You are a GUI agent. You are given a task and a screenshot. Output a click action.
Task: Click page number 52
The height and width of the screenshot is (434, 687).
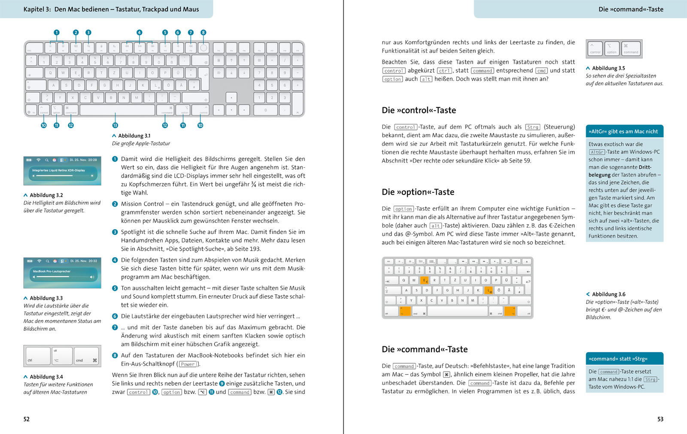(x=27, y=419)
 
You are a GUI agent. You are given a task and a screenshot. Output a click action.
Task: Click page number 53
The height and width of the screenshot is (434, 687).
(x=660, y=419)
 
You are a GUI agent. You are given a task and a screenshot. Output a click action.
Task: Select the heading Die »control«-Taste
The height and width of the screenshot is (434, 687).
(x=419, y=110)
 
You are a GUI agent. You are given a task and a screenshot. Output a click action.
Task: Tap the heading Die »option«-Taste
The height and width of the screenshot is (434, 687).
(x=418, y=192)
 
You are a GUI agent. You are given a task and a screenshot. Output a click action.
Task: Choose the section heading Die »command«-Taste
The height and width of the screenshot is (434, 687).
(x=424, y=349)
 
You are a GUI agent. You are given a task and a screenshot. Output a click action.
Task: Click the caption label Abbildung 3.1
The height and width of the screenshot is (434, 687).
(x=134, y=136)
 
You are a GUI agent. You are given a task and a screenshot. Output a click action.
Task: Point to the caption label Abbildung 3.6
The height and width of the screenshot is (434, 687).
(x=608, y=294)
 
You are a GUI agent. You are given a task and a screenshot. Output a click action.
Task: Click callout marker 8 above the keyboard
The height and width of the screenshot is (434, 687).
(x=204, y=33)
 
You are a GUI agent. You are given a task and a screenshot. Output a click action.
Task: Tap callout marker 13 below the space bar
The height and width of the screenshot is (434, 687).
(x=115, y=126)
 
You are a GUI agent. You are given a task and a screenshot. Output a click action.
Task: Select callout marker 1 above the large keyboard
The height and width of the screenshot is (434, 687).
(x=56, y=33)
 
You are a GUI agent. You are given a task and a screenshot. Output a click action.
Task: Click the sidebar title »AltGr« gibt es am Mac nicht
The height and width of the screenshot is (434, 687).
(x=623, y=132)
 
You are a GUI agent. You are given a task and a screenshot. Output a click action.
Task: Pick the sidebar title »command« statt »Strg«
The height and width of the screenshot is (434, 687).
(x=618, y=359)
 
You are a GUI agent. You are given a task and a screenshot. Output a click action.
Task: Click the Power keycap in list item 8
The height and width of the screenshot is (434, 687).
(x=188, y=364)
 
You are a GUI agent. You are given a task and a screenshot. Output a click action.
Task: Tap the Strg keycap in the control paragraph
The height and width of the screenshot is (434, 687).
(x=532, y=127)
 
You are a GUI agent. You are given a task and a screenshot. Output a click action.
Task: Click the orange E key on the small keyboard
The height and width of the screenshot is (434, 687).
(x=424, y=280)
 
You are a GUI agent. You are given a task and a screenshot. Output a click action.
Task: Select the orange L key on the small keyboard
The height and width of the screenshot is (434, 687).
(x=488, y=290)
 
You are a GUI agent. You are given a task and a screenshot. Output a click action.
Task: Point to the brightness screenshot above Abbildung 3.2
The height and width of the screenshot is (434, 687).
(x=62, y=171)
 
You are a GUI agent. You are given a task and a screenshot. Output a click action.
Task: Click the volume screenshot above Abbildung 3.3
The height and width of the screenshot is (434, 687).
(x=62, y=273)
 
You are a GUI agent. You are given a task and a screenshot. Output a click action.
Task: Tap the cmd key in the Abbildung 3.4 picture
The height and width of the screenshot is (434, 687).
(x=86, y=356)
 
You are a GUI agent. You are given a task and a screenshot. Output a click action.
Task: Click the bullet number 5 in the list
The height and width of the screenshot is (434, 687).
(x=115, y=288)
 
